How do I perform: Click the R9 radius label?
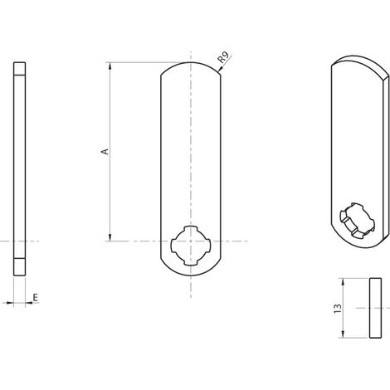(x=223, y=57)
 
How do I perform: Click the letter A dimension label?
(x=105, y=152)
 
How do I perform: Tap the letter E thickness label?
(x=36, y=298)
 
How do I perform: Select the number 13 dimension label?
(x=338, y=309)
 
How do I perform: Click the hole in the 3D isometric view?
(x=357, y=221)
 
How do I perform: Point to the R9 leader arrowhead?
(x=221, y=70)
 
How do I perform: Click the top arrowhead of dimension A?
(x=110, y=66)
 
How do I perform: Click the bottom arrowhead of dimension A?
(x=110, y=237)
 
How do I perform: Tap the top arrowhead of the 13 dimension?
(x=343, y=282)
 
